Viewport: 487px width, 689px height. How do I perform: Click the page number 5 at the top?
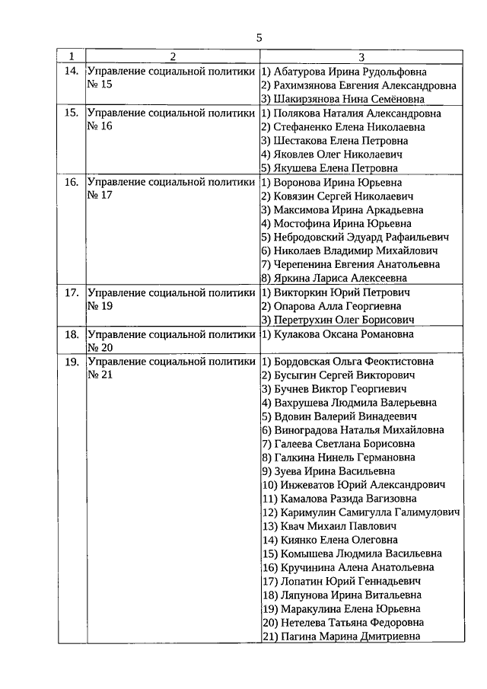pyautogui.click(x=259, y=37)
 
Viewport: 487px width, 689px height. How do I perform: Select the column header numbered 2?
pyautogui.click(x=173, y=57)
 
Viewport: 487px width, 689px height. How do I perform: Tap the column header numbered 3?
pyautogui.click(x=361, y=57)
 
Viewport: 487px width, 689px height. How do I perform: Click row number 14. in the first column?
pyautogui.click(x=72, y=71)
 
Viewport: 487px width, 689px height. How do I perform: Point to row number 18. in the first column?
pyautogui.click(x=72, y=334)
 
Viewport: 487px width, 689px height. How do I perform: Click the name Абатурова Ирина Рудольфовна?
pyautogui.click(x=358, y=71)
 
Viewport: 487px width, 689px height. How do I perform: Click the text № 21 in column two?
pyautogui.click(x=100, y=375)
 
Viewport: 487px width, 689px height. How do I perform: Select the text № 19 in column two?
pyautogui.click(x=100, y=306)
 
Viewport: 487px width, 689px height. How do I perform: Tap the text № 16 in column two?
pyautogui.click(x=100, y=126)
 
